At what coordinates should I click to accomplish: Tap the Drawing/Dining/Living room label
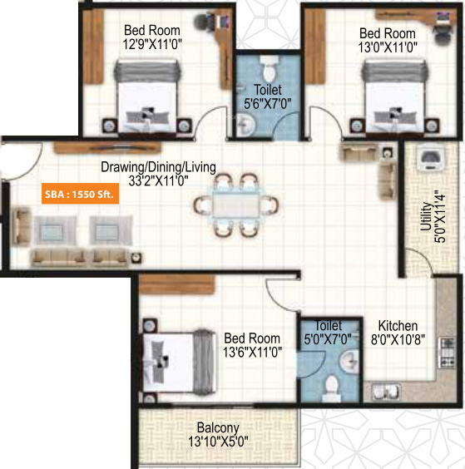(158, 167)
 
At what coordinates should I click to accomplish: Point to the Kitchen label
(398, 325)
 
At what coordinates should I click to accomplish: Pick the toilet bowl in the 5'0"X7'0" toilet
(331, 384)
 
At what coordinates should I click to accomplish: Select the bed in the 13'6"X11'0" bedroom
(176, 357)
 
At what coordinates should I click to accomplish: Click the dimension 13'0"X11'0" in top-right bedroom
(382, 47)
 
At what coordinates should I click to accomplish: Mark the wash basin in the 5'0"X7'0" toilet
(349, 360)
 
